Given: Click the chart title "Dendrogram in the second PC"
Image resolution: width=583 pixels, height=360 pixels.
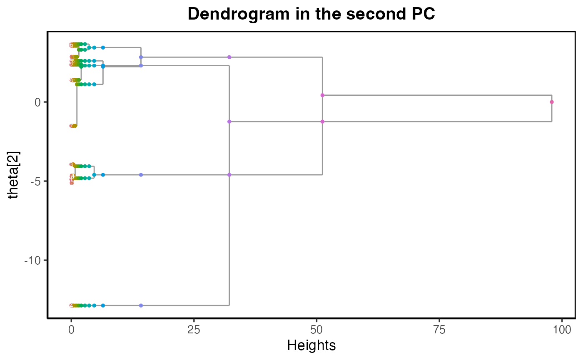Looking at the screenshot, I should click(x=311, y=14).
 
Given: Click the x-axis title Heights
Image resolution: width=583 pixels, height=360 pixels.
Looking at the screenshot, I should click(x=311, y=345).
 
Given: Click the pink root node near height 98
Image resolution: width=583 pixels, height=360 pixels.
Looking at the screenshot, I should click(x=552, y=102).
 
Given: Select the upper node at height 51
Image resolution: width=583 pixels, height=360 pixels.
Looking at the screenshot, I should click(x=322, y=95).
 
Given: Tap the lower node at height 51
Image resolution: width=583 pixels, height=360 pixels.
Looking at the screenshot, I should click(x=322, y=122).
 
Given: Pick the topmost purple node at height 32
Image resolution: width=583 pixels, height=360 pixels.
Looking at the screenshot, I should click(x=229, y=57).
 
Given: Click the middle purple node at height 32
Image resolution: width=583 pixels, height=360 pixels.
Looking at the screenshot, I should click(x=229, y=122).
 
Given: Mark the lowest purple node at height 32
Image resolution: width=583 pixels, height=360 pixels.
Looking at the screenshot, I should click(x=229, y=175).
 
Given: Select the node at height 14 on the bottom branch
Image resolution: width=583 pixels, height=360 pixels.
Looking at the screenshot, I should click(x=141, y=305).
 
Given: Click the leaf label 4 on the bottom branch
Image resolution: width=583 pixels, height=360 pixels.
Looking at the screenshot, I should click(x=72, y=305).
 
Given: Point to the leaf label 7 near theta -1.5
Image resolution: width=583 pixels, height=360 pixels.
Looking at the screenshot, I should click(x=72, y=126).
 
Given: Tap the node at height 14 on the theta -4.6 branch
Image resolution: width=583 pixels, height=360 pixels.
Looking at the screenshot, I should click(x=141, y=175).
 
